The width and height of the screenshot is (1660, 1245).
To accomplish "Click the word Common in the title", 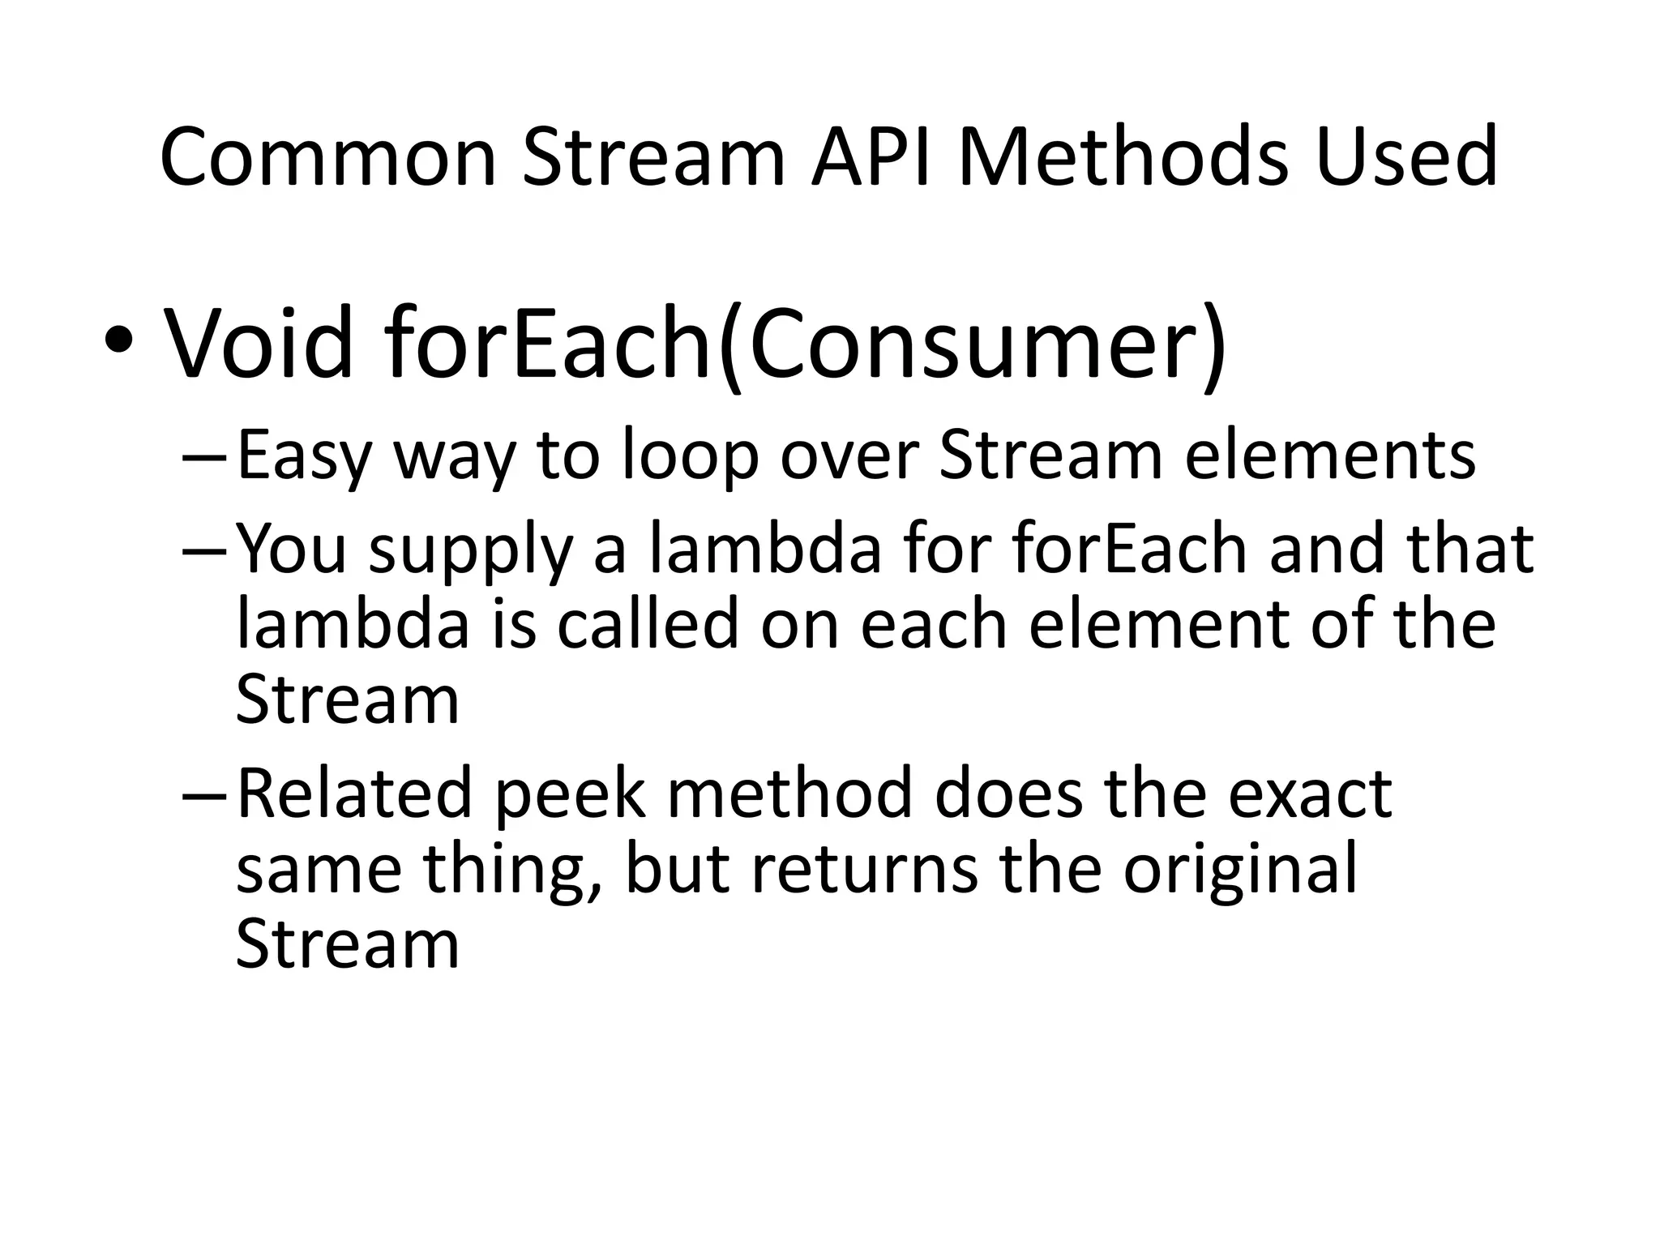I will click(x=327, y=157).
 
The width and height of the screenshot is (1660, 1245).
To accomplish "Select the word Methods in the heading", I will click(x=1123, y=157).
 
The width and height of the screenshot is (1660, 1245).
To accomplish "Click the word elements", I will click(x=1330, y=456).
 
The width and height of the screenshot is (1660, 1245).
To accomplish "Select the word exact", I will click(x=1310, y=794).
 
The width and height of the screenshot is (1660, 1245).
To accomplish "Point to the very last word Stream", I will click(x=348, y=944).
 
